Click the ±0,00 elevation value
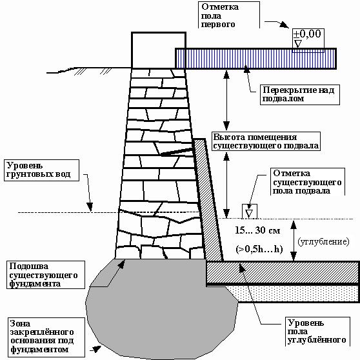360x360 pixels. tap(307, 34)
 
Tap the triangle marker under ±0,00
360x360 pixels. tap(298, 44)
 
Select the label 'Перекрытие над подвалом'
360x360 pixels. tap(298, 94)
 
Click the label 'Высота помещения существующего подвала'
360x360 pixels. tap(266, 141)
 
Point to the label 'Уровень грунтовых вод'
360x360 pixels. tap(38, 170)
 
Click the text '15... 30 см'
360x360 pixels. tap(257, 230)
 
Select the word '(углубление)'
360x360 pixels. tap(323, 242)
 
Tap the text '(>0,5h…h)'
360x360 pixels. tap(259, 249)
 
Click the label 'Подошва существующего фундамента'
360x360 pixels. tap(43, 275)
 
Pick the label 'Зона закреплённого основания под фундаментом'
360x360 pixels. tap(42, 337)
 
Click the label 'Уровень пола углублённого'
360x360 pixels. tap(317, 332)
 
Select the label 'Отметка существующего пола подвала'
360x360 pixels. tap(307, 182)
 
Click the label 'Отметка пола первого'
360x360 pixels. tap(220, 15)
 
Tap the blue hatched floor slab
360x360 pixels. tap(255, 59)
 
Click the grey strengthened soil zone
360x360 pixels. tap(161, 308)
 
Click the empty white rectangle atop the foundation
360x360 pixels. tap(159, 50)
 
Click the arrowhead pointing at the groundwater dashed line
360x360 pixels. tap(90, 206)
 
